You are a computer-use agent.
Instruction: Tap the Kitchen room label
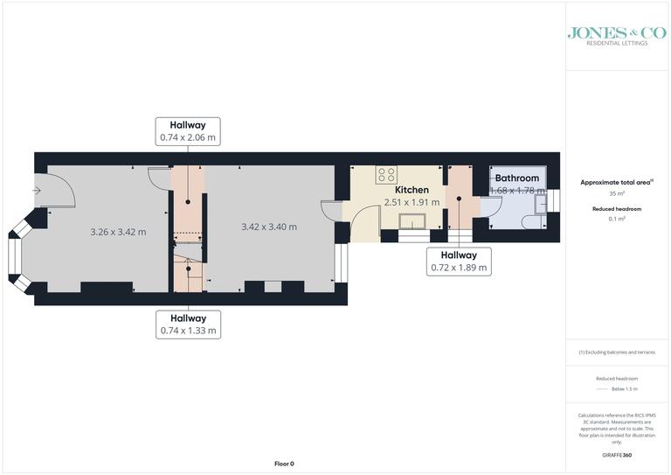click(412, 190)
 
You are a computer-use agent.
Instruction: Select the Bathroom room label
click(516, 178)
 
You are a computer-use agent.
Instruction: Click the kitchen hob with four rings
click(386, 175)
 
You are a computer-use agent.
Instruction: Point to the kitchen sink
click(411, 220)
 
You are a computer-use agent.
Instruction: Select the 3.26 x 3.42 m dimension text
click(118, 232)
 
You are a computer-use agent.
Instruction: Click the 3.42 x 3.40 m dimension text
click(268, 227)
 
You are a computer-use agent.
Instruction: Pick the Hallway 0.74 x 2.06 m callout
click(188, 131)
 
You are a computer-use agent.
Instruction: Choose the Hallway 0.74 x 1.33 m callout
click(188, 325)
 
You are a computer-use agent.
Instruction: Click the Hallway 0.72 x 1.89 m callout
click(459, 261)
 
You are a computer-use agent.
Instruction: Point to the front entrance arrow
click(38, 190)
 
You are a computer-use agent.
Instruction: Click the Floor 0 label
click(284, 464)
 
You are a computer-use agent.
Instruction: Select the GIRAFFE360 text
click(618, 456)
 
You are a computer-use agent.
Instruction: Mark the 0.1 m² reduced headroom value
click(618, 219)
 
